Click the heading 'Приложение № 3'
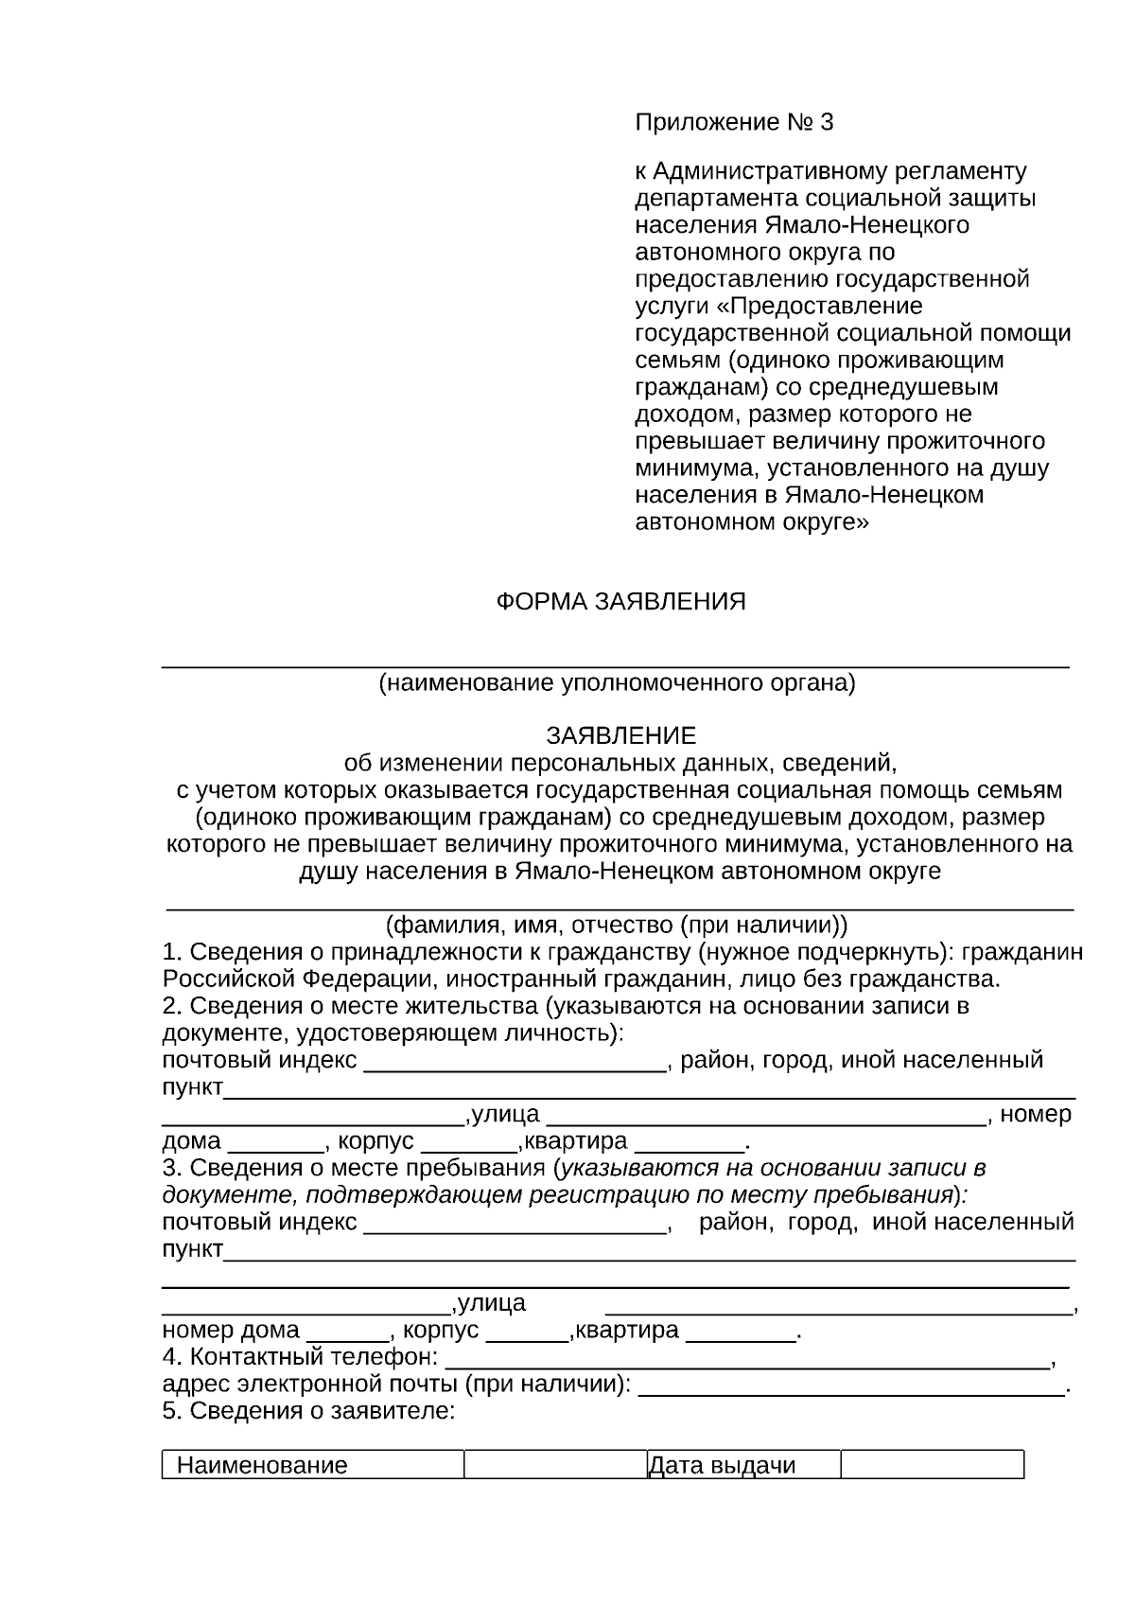click(734, 123)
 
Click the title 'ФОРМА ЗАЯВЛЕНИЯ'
click(620, 602)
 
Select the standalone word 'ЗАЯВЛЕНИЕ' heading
click(620, 735)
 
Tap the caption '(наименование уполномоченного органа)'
click(617, 682)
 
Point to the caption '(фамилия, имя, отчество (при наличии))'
click(617, 924)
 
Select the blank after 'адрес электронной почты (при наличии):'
click(851, 1387)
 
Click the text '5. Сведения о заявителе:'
click(308, 1411)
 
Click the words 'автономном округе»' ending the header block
click(751, 521)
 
